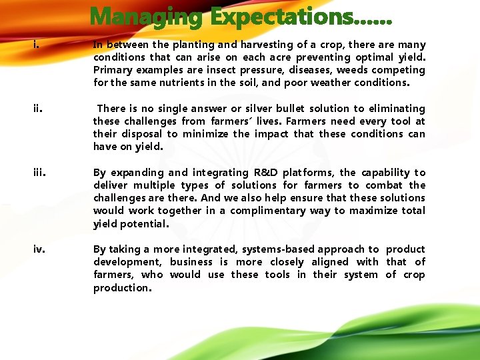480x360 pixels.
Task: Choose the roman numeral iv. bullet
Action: click(x=39, y=249)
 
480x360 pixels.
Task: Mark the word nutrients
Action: click(x=172, y=83)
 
